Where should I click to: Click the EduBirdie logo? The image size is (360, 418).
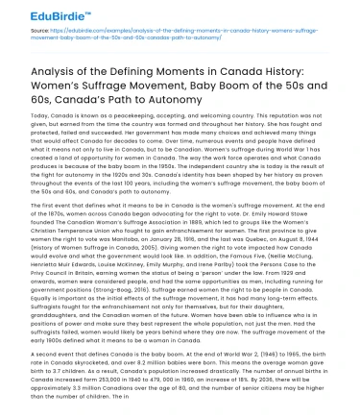point(37,12)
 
